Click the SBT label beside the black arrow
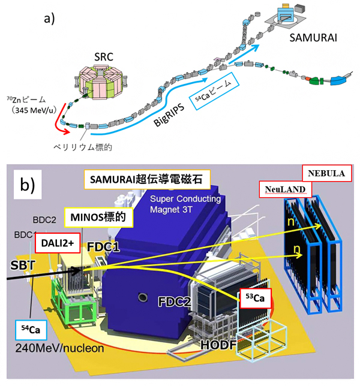pos(22,264)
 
